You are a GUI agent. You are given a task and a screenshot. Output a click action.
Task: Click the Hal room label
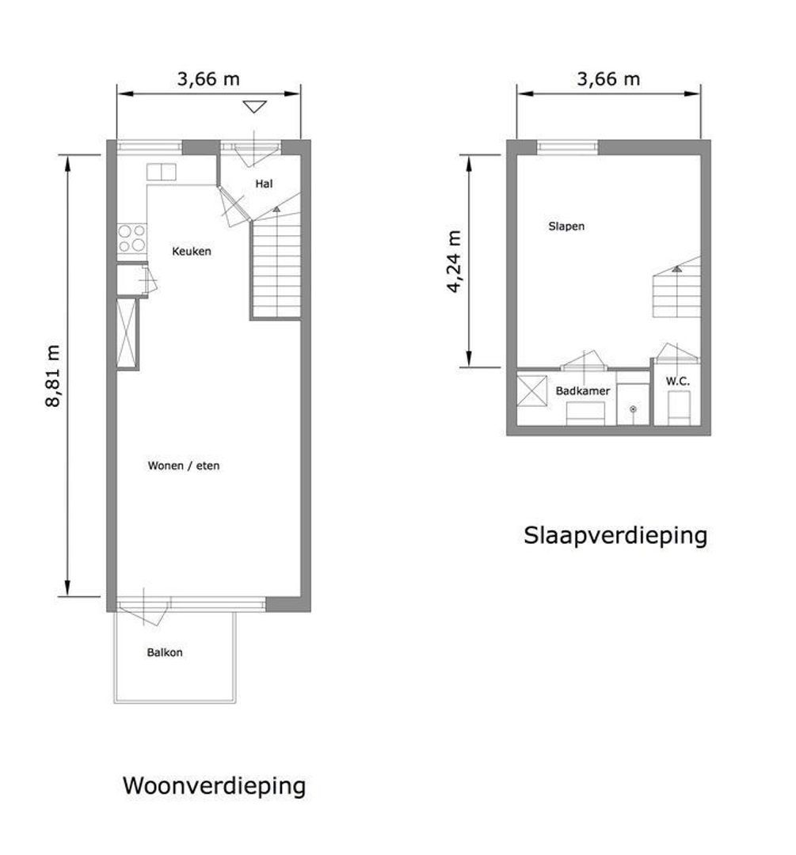click(264, 184)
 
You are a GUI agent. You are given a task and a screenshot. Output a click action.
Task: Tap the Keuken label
click(192, 252)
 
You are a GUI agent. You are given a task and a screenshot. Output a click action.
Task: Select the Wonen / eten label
click(183, 465)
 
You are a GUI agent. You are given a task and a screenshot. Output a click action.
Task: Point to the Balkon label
click(165, 652)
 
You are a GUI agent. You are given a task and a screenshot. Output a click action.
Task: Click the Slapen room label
click(566, 226)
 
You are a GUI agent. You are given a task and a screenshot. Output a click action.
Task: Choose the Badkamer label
click(583, 391)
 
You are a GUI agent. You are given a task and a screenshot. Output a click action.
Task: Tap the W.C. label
click(678, 382)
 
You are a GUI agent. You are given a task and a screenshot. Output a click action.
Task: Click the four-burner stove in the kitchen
click(132, 238)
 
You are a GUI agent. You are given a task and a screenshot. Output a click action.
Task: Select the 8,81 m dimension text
click(53, 376)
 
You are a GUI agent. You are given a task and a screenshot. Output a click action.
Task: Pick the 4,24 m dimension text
click(454, 262)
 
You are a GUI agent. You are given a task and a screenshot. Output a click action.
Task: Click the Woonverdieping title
click(214, 786)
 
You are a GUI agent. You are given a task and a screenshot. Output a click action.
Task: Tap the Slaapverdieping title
click(615, 535)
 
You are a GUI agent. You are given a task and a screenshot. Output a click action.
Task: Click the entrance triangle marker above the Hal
click(255, 107)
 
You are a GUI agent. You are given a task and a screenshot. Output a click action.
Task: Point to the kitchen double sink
click(161, 173)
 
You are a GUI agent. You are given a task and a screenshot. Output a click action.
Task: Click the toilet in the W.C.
click(680, 408)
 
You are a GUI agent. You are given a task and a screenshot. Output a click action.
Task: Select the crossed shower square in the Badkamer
click(532, 390)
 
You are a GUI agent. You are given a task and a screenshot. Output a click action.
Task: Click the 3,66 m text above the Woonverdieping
click(208, 80)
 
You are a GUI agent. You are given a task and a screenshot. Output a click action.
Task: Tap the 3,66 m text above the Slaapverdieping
click(608, 80)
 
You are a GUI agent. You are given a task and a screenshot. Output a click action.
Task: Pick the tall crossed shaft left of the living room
click(127, 334)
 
